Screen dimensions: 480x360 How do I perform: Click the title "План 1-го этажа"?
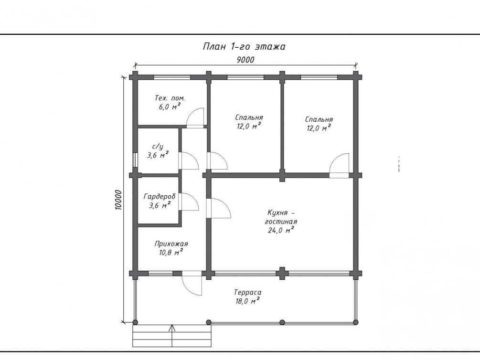244,46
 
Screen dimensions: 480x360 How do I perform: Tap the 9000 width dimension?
245,60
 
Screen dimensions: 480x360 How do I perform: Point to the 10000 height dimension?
118,200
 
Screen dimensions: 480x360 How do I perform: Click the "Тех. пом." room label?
170,98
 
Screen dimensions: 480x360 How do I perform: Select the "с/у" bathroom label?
158,147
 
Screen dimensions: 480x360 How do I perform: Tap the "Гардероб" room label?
159,197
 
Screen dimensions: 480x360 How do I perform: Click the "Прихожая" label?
171,244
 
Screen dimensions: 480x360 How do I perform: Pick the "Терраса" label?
248,293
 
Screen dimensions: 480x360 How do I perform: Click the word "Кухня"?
277,212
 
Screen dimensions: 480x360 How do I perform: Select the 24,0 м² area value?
281,230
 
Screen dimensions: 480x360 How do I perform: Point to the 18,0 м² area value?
247,301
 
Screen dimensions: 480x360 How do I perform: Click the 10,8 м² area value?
171,252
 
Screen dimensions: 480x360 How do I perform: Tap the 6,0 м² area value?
169,106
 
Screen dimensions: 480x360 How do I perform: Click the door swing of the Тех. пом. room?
195,118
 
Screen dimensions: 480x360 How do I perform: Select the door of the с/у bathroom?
189,161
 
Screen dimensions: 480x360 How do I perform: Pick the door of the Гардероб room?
189,202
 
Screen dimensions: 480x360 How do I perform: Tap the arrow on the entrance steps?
172,336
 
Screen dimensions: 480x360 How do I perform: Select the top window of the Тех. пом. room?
172,77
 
